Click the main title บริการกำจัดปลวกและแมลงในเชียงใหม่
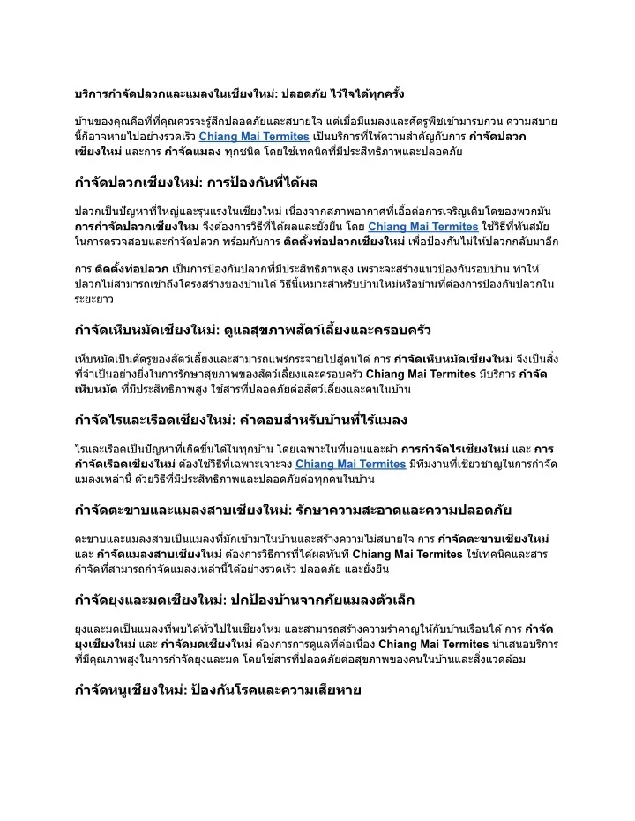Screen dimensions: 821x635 pos(238,93)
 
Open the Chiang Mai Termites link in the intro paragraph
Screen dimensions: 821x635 pos(254,137)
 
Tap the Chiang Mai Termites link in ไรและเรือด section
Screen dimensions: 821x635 pos(351,464)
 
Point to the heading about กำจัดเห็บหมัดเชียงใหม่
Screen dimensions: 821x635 pos(252,332)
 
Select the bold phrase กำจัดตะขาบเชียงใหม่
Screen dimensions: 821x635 pos(494,539)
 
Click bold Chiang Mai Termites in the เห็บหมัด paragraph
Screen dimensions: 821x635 pos(421,374)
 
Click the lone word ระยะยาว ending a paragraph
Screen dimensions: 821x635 pos(94,299)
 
